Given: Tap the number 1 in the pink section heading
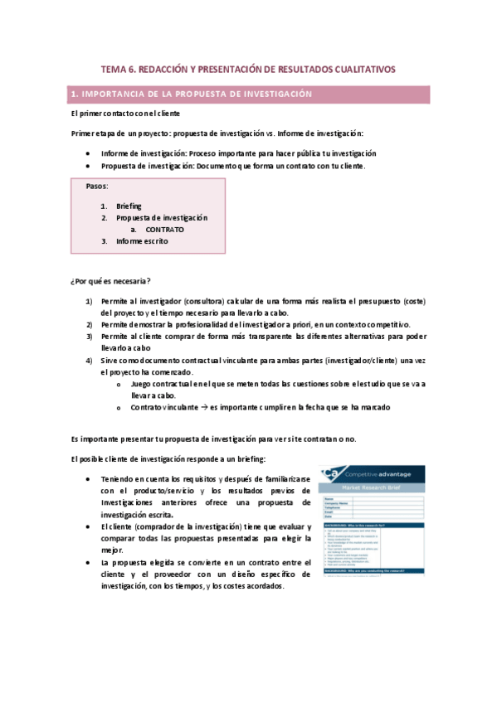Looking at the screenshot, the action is pyautogui.click(x=75, y=95).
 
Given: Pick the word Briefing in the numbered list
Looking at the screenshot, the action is pyautogui.click(x=129, y=206).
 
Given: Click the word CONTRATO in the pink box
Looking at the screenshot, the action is pyautogui.click(x=164, y=229).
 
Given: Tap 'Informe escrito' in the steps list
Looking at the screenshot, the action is pyautogui.click(x=142, y=241).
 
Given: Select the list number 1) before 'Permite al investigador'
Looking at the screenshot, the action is pyautogui.click(x=89, y=302).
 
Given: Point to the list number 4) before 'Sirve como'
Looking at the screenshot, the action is pyautogui.click(x=89, y=361).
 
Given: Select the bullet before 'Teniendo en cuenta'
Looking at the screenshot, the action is pyautogui.click(x=89, y=480).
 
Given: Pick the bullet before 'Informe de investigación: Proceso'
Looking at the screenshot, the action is pyautogui.click(x=89, y=153).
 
